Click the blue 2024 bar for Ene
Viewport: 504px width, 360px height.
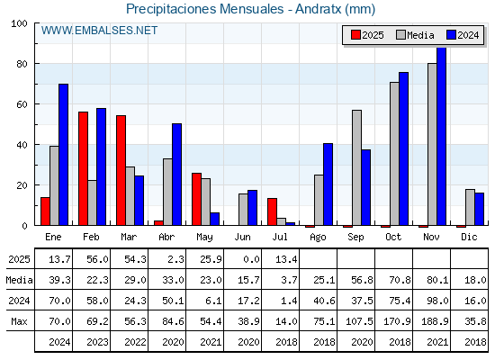(x=63, y=155)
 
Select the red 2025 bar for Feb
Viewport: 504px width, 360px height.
(x=83, y=168)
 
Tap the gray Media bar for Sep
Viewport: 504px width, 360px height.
(x=356, y=167)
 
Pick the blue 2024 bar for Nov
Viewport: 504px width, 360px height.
(x=441, y=136)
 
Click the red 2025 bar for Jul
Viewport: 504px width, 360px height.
(x=272, y=211)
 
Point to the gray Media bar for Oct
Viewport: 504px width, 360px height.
(x=394, y=154)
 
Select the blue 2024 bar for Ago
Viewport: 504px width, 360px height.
(x=328, y=184)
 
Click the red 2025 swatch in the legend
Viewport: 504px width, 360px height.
(x=355, y=35)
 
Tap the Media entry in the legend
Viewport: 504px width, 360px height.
(x=415, y=35)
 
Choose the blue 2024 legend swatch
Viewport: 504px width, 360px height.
(x=451, y=35)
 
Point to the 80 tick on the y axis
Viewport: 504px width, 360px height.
(x=22, y=64)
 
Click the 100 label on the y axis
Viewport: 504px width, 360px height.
(x=19, y=23)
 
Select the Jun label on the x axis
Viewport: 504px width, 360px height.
(x=242, y=237)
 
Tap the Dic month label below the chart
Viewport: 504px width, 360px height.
(x=469, y=237)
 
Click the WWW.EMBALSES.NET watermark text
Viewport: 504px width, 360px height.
(x=99, y=31)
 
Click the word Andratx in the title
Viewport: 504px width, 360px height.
(x=319, y=9)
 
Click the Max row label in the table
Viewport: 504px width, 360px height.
(x=19, y=321)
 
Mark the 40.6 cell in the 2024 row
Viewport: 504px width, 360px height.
(x=324, y=301)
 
